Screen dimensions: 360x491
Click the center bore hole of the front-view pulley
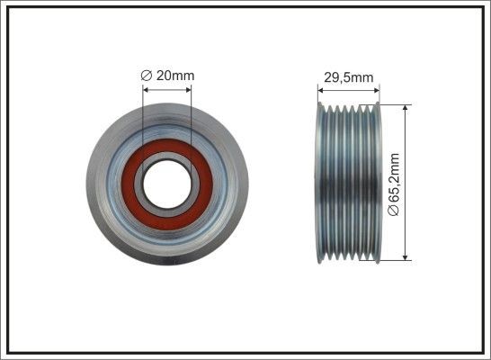click(x=167, y=183)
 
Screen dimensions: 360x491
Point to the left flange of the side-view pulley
click(x=320, y=183)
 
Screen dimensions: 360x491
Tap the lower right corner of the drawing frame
click(x=486, y=355)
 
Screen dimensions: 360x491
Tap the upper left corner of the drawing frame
click(x=4, y=4)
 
